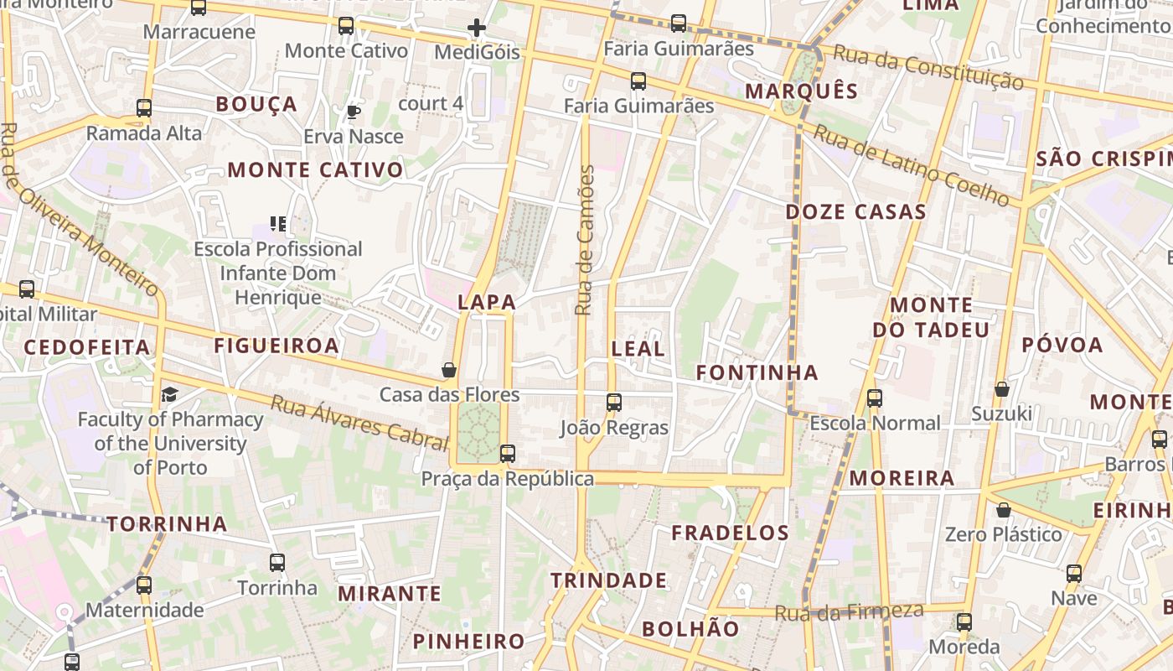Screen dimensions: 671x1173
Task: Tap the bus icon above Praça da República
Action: tap(507, 454)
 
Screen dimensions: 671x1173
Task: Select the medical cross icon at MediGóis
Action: tap(477, 29)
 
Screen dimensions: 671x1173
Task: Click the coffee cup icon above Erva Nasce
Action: tap(354, 112)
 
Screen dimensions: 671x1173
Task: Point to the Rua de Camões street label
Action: tap(585, 240)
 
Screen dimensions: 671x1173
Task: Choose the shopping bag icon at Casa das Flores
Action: tap(449, 370)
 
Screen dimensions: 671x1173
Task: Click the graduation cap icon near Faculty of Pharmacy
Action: tap(170, 394)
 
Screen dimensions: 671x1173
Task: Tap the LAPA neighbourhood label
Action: tap(486, 302)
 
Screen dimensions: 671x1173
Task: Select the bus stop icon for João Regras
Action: tap(614, 403)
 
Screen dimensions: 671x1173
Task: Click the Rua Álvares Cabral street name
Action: tap(359, 421)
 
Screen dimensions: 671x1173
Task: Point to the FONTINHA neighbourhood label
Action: tap(757, 372)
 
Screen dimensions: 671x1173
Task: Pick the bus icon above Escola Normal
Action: tap(875, 398)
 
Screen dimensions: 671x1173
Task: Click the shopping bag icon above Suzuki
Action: tap(1001, 389)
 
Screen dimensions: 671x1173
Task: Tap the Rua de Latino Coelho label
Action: tap(912, 164)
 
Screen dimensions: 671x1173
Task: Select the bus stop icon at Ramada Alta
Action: tap(144, 108)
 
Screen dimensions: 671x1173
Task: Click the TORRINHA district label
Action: tap(167, 524)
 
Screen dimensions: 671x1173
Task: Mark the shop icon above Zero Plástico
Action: tap(1003, 510)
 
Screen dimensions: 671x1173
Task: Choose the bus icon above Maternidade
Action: tap(144, 585)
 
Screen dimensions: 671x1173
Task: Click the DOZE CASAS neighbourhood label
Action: tap(855, 212)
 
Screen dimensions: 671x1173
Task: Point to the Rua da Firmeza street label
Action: tap(849, 612)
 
